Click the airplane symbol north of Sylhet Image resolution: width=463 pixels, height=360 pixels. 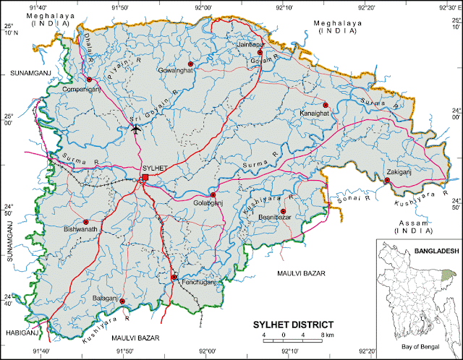(x=136, y=129)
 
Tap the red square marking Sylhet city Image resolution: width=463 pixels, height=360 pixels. (x=145, y=177)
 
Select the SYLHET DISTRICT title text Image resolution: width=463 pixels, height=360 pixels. (x=293, y=325)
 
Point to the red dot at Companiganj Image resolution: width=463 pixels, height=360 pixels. (x=89, y=80)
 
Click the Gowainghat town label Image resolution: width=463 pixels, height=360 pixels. (x=177, y=71)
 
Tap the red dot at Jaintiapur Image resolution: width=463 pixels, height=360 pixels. (x=260, y=52)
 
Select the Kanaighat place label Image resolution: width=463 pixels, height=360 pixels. (x=315, y=113)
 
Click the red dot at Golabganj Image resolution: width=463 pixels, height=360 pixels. (x=213, y=194)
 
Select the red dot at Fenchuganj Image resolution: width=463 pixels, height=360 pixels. (x=174, y=276)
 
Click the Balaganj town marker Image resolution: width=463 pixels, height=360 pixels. (x=122, y=301)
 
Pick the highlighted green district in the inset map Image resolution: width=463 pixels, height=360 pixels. (x=449, y=275)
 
